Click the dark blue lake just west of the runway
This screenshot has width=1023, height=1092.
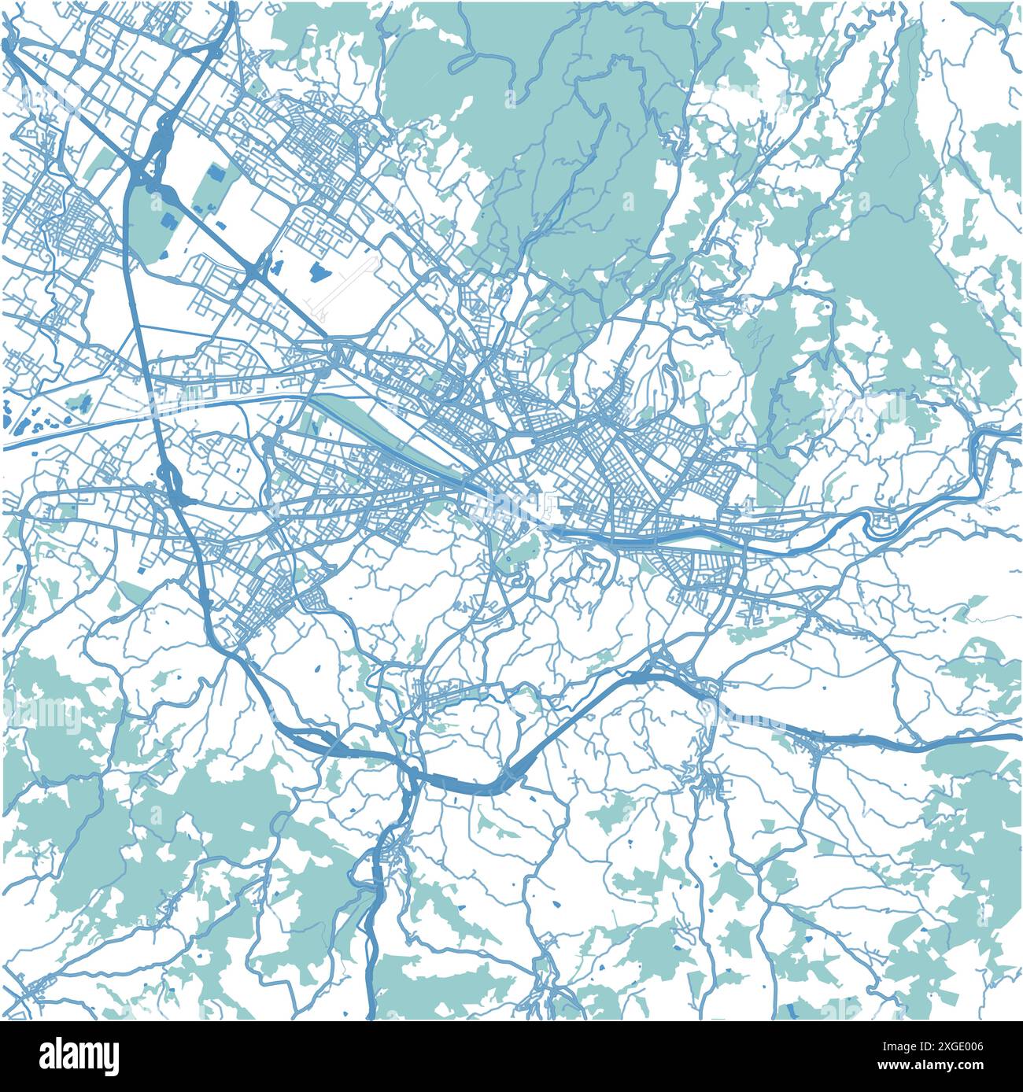[319, 272]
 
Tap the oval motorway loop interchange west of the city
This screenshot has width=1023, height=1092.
[167, 474]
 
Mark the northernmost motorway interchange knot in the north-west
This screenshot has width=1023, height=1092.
[168, 126]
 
